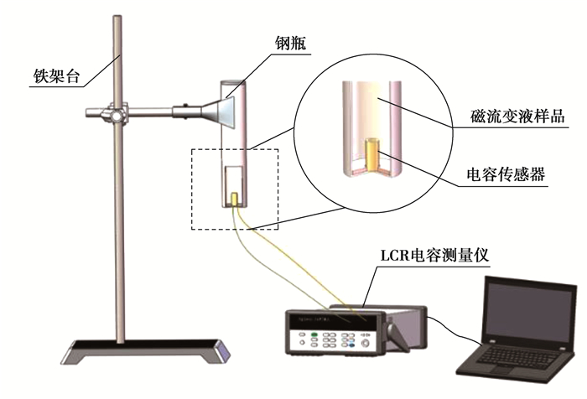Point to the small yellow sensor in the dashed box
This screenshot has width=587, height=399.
236,199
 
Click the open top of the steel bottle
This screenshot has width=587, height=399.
232,83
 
